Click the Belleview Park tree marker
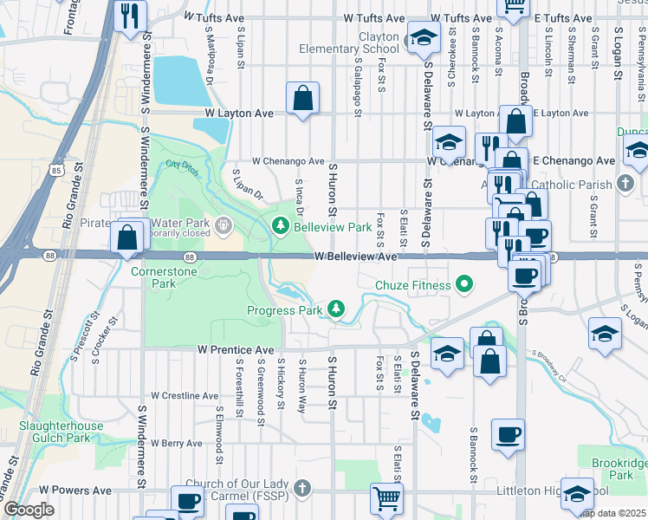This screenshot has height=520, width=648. [280, 227]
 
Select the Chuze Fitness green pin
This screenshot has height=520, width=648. [464, 284]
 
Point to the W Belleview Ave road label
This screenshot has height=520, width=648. [355, 257]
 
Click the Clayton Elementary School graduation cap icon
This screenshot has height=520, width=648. [423, 38]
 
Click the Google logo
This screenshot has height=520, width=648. [29, 510]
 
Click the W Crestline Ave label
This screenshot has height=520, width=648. [185, 395]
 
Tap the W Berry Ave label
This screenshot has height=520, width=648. [176, 443]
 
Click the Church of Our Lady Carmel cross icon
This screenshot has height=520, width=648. [302, 488]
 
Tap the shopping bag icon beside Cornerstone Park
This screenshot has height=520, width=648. [127, 237]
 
